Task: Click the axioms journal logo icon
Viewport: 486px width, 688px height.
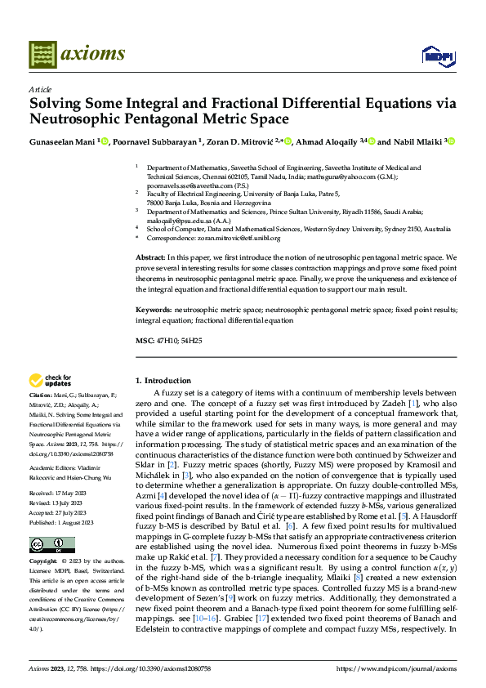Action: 42,54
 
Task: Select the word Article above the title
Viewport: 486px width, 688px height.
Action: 39,89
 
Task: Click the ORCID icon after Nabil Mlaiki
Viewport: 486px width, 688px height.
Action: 450,141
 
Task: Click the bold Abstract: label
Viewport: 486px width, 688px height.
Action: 152,257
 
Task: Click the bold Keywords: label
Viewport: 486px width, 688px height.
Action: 154,310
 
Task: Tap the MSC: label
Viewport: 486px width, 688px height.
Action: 144,339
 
